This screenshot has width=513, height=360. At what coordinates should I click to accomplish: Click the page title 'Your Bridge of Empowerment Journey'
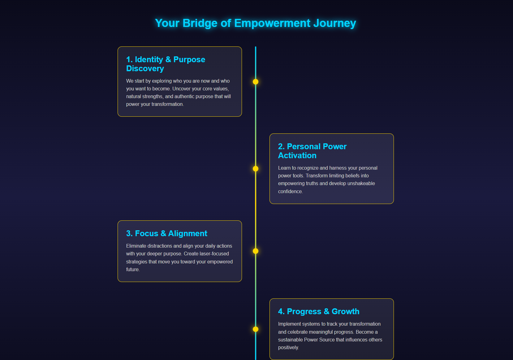tap(255, 23)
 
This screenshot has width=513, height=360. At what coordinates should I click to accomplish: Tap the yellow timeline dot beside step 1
tap(256, 82)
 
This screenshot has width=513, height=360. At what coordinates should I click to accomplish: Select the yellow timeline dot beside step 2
tap(256, 169)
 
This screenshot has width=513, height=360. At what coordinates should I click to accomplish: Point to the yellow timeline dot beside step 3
tap(256, 251)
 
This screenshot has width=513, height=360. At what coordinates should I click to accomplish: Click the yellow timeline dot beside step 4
tap(256, 329)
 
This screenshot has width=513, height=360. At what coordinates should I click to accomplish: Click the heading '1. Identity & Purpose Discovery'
tap(166, 64)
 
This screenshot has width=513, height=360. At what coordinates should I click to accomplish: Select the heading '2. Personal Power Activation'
tap(312, 151)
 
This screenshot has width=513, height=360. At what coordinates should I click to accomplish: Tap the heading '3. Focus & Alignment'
tap(166, 233)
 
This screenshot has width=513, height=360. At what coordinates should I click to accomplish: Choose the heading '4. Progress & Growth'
tap(319, 311)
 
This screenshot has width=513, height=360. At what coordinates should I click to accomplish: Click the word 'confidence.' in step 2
tap(290, 192)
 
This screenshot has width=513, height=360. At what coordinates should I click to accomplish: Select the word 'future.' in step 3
tap(133, 270)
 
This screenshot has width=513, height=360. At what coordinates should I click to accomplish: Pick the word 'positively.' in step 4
tap(288, 348)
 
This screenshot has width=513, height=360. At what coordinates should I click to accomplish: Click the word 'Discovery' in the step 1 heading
tap(145, 68)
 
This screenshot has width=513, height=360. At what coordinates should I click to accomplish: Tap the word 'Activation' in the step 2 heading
tap(297, 155)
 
